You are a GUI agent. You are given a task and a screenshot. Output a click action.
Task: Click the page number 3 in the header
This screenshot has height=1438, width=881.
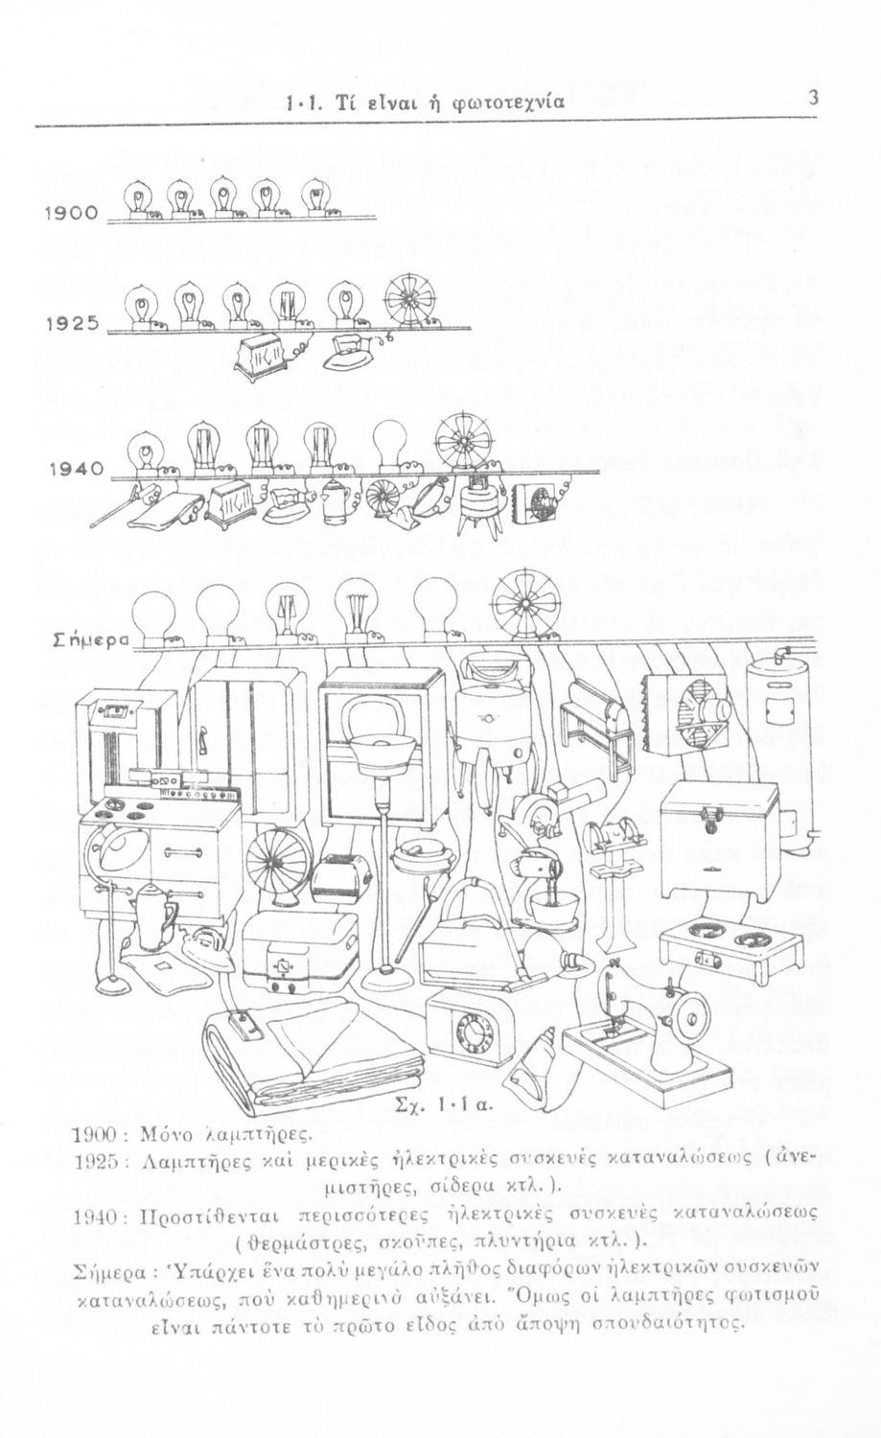point(813,99)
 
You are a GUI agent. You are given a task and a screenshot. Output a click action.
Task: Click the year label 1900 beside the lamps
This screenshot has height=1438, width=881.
point(71,213)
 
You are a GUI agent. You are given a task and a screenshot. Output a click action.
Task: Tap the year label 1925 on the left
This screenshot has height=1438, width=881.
point(73,323)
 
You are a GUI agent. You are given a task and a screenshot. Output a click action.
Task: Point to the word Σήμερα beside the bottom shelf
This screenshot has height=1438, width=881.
point(91,640)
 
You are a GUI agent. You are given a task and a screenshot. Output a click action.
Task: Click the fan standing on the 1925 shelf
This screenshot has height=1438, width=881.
point(409,300)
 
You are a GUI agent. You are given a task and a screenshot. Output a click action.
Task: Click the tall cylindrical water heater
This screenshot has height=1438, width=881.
point(779,746)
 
